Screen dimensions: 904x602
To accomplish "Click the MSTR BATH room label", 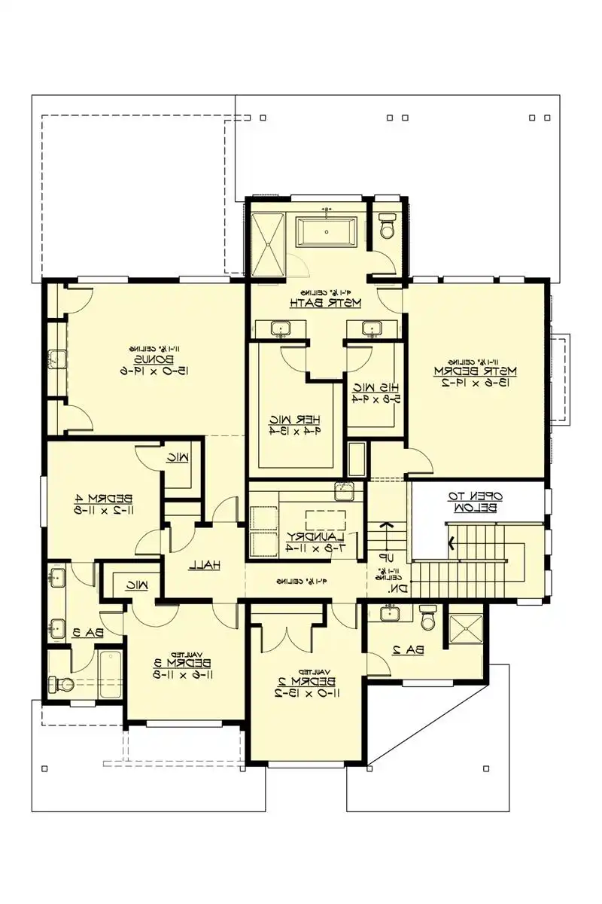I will [326, 303].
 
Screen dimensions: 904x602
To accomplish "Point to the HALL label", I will [204, 563].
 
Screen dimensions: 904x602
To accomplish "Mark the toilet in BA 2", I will [427, 617].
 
